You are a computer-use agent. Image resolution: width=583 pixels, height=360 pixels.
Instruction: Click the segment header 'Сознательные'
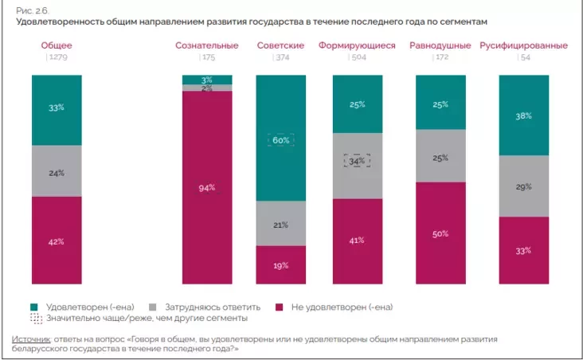tap(206, 45)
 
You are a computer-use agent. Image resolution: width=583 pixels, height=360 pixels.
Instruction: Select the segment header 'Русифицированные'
tap(523, 45)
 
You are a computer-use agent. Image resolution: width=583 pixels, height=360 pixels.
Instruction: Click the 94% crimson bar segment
tap(207, 188)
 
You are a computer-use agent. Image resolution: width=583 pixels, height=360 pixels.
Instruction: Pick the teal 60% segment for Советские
tap(280, 140)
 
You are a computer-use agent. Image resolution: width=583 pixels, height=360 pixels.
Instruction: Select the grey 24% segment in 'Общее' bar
tap(57, 171)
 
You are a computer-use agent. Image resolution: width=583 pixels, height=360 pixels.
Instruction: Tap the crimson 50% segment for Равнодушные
tap(440, 233)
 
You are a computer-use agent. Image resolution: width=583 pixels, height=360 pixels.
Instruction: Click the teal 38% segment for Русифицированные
tap(523, 115)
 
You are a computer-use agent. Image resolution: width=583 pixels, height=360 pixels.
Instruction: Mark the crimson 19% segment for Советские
tap(280, 264)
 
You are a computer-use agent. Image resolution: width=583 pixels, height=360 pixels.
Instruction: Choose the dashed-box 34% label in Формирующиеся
tap(357, 160)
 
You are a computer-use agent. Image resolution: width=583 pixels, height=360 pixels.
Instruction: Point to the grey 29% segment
tap(523, 186)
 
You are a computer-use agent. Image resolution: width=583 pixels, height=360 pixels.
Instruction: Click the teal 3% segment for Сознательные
tap(207, 80)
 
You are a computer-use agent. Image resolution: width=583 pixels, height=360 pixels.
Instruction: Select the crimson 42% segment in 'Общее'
tap(57, 240)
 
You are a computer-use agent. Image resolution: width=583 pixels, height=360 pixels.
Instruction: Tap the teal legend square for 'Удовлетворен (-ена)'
tap(34, 307)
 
